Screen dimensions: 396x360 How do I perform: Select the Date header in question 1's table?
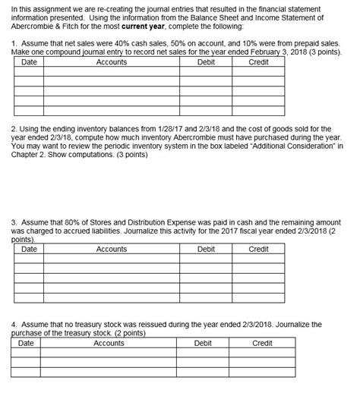click(x=30, y=62)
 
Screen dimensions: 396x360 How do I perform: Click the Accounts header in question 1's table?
click(x=112, y=62)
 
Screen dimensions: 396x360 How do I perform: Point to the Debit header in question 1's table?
click(x=206, y=62)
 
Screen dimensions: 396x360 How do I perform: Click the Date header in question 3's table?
click(x=30, y=248)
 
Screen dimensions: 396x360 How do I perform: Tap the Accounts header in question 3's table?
click(x=112, y=248)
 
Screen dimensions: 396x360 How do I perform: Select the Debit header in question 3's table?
click(x=206, y=248)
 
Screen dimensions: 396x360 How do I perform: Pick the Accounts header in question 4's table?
click(x=109, y=343)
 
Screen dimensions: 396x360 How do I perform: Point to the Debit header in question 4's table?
click(x=203, y=343)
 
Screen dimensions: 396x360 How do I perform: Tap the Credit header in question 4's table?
click(x=262, y=343)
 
